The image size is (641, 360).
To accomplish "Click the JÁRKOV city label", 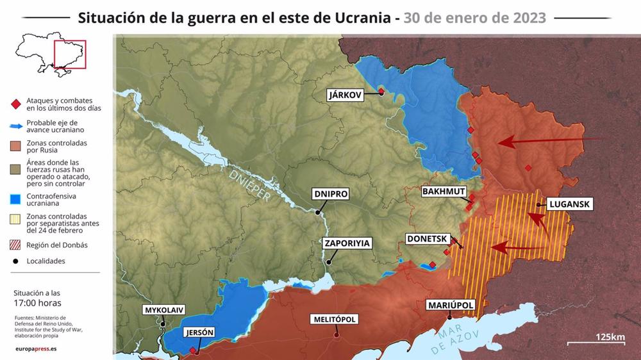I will (x=345, y=95).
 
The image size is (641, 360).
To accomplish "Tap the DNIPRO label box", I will (x=330, y=193).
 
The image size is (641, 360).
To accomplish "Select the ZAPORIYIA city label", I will (x=347, y=243).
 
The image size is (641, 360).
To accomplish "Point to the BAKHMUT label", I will (x=444, y=192).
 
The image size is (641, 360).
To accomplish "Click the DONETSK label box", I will (x=426, y=239).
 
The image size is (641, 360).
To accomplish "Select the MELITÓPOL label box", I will (x=333, y=319).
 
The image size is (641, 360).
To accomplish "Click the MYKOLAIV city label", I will (x=164, y=310).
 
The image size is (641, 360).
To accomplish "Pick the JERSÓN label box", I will (x=198, y=332).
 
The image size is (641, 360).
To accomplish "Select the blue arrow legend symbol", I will (x=15, y=125).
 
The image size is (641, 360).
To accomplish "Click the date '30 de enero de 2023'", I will (x=475, y=18).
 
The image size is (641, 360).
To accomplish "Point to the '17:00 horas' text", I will (x=38, y=303).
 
